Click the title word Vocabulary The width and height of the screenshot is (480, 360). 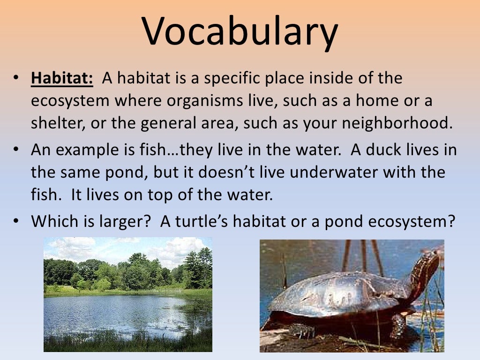[x=240, y=32]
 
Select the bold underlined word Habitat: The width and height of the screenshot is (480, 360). [x=62, y=78]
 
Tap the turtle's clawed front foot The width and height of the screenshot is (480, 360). [x=300, y=330]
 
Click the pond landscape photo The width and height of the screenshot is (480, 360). [x=127, y=294]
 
